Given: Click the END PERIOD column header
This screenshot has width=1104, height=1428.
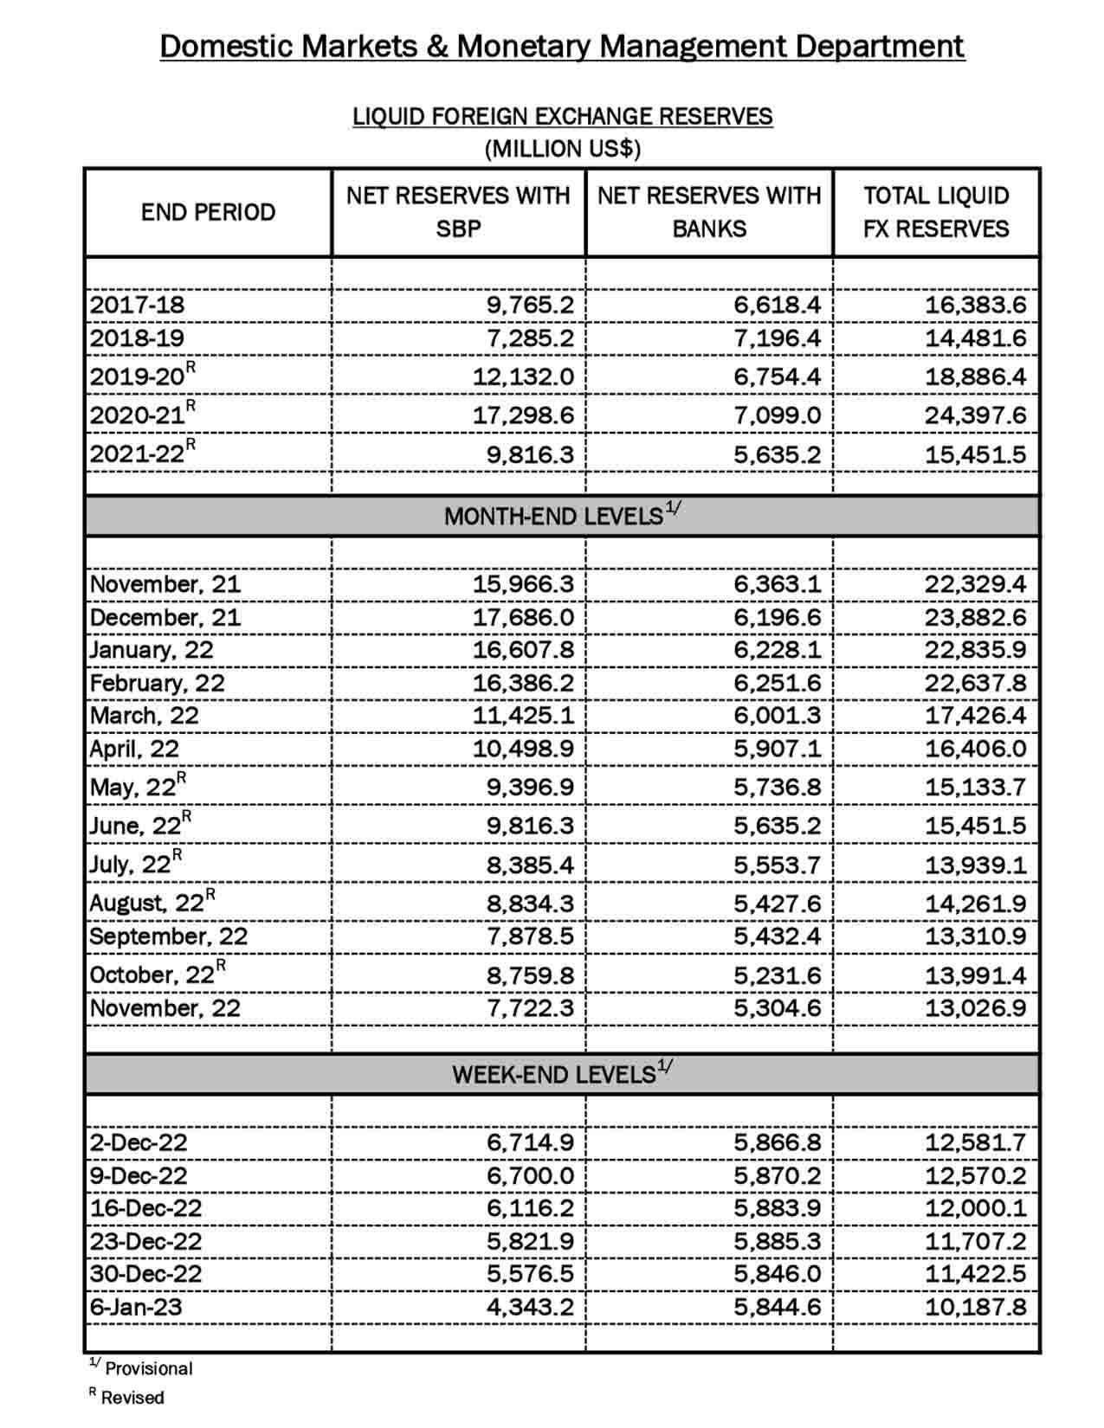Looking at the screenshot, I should (x=208, y=212).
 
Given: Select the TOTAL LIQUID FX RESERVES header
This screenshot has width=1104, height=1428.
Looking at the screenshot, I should (x=936, y=212).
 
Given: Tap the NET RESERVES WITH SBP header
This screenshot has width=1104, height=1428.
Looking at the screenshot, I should (x=458, y=212).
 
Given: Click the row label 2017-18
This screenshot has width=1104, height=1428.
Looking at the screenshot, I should (x=137, y=305).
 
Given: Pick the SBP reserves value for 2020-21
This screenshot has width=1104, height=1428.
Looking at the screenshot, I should (x=523, y=415).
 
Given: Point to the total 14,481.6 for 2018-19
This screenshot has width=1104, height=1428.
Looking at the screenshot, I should (x=975, y=338).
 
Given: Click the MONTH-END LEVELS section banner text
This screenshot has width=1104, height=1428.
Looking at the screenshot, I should (x=553, y=517).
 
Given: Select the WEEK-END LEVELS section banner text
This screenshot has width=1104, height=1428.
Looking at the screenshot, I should (x=553, y=1075).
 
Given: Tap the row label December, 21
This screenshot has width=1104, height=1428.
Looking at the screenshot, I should (x=165, y=617).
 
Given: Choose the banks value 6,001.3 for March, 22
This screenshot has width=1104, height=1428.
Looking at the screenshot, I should (x=777, y=716).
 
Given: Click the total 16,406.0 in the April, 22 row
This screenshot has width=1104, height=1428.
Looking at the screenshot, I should (x=975, y=749).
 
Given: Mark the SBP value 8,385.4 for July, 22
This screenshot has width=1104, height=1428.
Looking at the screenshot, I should (x=530, y=865).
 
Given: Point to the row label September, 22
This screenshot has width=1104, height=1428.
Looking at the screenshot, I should (x=168, y=936).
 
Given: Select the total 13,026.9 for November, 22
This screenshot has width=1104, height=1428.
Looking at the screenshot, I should (x=975, y=1008).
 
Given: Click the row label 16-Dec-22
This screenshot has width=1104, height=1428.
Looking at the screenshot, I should (x=145, y=1208).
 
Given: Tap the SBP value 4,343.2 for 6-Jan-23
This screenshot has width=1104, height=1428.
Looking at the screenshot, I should (x=530, y=1307).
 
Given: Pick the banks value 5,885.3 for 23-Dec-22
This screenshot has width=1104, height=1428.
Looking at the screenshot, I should (x=777, y=1241).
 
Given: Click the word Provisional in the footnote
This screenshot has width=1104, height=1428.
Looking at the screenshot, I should (x=149, y=1369).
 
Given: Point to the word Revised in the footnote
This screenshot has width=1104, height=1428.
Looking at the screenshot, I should (x=132, y=1398).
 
